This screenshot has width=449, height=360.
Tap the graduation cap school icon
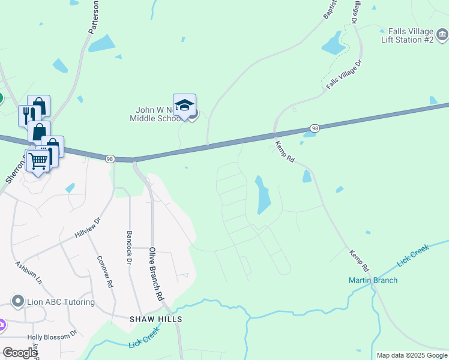pyautogui.click(x=184, y=106)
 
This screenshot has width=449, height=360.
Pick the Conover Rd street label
pyautogui.click(x=105, y=272)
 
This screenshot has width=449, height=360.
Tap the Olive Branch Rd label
pyautogui.click(x=156, y=274)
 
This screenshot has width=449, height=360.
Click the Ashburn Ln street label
pyautogui.click(x=29, y=272)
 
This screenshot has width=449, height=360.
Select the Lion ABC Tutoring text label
pyautogui.click(x=61, y=302)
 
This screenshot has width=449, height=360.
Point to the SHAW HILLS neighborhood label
pyautogui.click(x=156, y=319)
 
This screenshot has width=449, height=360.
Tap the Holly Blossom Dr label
pyautogui.click(x=56, y=332)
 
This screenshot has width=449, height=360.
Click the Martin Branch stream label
pyautogui.click(x=373, y=280)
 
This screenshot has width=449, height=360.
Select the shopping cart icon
pyautogui.click(x=38, y=160)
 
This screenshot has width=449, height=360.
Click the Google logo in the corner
pyautogui.click(x=20, y=353)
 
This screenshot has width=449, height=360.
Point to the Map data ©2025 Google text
pyautogui.click(x=411, y=355)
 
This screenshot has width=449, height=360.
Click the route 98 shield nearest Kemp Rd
pyautogui.click(x=315, y=128)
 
